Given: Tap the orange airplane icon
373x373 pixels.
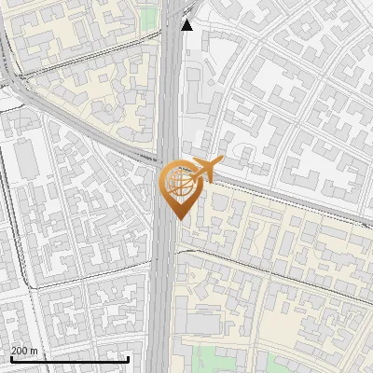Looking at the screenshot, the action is pyautogui.click(x=204, y=170).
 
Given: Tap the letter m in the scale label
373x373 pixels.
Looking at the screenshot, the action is pyautogui.click(x=35, y=351).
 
